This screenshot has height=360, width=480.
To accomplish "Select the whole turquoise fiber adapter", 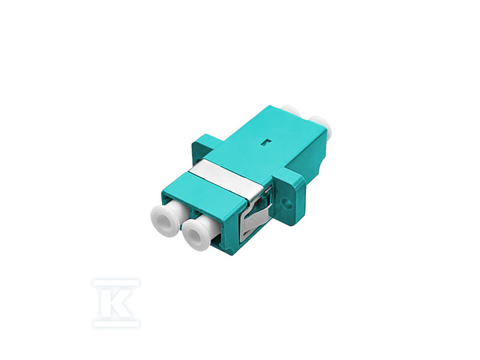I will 246,180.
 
